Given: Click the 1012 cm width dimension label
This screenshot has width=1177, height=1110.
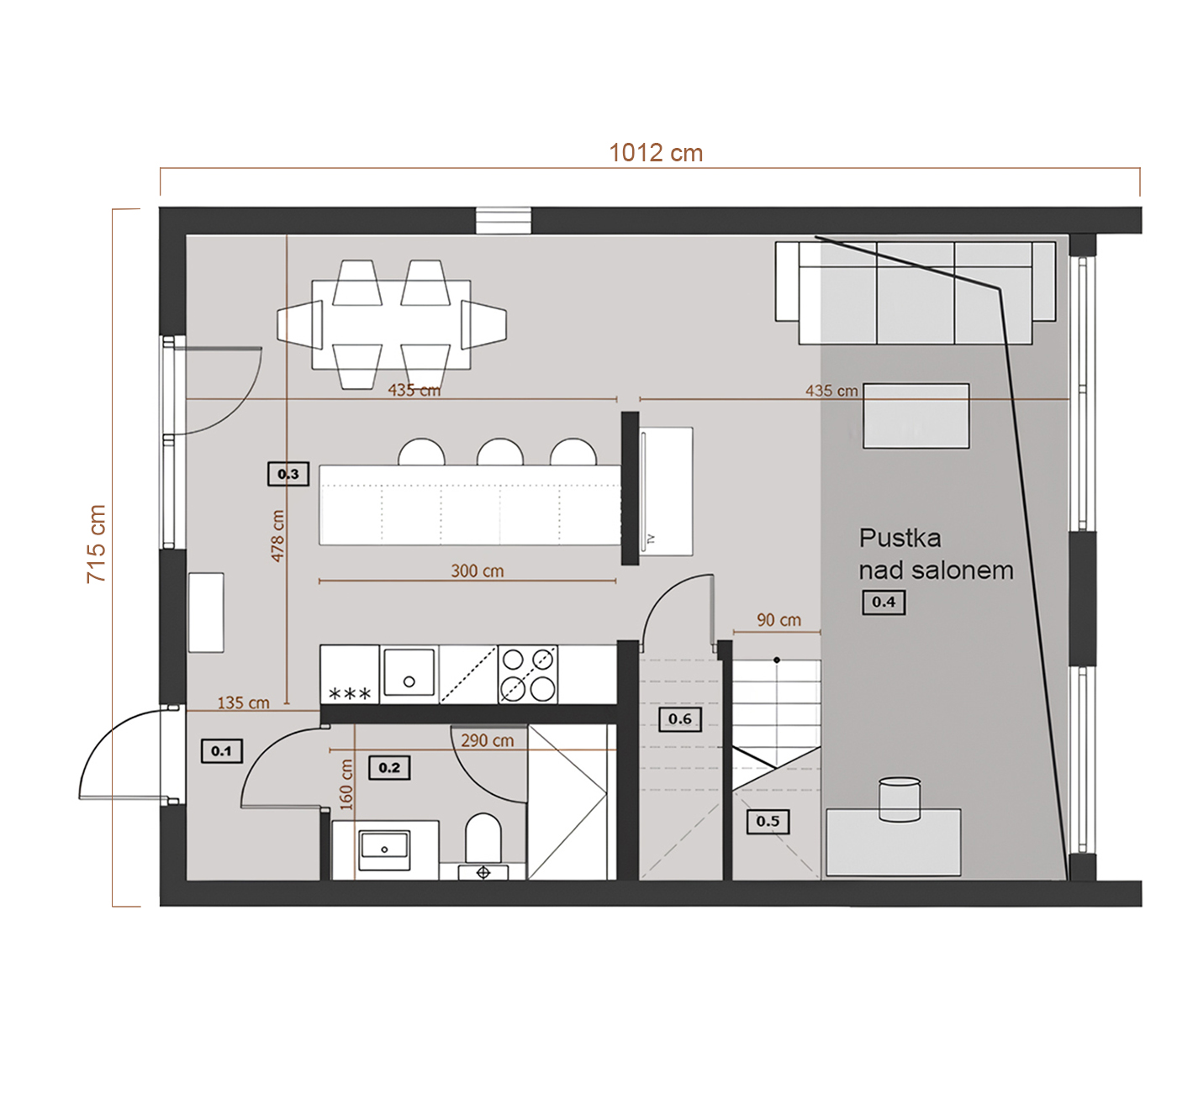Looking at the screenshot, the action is [x=656, y=153].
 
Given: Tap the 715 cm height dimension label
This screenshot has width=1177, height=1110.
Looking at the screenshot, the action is [x=97, y=544].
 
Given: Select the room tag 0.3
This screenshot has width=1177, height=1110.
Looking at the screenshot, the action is [x=288, y=474].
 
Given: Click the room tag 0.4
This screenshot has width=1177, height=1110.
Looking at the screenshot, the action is [x=883, y=602].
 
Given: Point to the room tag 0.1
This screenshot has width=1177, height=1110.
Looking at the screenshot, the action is [x=221, y=751].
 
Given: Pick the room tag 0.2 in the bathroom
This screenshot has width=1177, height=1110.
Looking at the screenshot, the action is [x=388, y=767].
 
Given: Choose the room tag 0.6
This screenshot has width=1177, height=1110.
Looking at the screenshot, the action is [x=680, y=719].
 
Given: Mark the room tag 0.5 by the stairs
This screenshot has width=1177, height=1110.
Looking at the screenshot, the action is [x=768, y=822].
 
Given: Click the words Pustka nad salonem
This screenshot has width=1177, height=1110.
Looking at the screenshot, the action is [x=936, y=554].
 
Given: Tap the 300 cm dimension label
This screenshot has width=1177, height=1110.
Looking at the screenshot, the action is [x=477, y=571].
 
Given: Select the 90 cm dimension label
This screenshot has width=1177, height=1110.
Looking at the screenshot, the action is [x=779, y=620].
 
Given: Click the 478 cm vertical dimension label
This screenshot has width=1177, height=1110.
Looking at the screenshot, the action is [x=277, y=536].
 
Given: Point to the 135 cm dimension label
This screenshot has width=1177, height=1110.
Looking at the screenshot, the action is [x=243, y=702].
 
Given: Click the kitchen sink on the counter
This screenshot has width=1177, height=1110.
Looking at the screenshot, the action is [x=409, y=672].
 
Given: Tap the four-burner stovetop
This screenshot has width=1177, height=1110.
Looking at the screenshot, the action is [x=527, y=675].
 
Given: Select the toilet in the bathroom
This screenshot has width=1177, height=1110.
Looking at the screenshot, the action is [x=483, y=838].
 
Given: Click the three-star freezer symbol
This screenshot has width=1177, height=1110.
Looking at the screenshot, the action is [x=350, y=693].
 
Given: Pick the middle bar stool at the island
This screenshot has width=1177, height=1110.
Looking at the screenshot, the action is [x=499, y=452].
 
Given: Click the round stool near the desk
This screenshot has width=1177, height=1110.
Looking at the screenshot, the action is [x=900, y=799].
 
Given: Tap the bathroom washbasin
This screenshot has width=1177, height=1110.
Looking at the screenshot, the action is [x=384, y=844].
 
